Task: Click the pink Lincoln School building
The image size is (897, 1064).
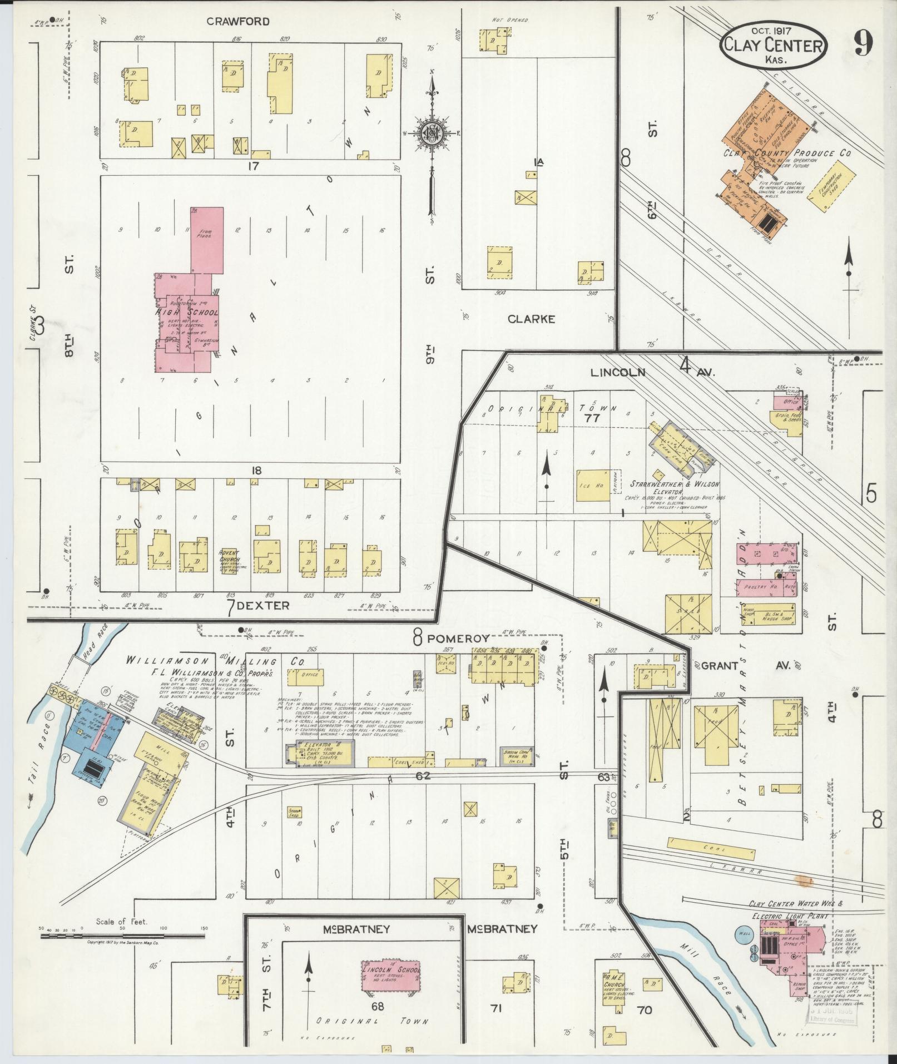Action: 391,974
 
